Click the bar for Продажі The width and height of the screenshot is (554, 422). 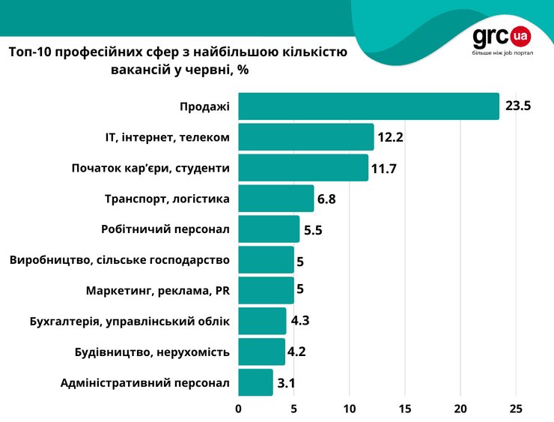click(x=368, y=106)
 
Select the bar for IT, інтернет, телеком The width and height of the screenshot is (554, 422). click(x=305, y=137)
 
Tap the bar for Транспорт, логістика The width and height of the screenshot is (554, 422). click(x=276, y=199)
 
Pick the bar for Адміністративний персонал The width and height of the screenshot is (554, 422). click(x=255, y=382)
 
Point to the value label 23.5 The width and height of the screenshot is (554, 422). click(x=518, y=106)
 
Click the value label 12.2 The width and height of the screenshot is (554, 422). click(x=390, y=137)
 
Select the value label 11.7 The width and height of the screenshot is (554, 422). click(x=383, y=168)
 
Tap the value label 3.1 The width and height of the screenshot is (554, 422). click(x=287, y=383)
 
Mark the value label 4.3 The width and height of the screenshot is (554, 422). click(x=300, y=321)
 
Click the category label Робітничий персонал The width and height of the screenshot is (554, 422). click(x=165, y=229)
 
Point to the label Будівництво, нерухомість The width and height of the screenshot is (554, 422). click(x=153, y=352)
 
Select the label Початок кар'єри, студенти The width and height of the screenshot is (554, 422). click(x=150, y=168)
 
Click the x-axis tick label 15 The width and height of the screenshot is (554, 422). click(x=405, y=409)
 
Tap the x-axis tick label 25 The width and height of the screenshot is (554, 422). click(x=516, y=409)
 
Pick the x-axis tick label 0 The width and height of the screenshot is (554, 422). click(x=239, y=409)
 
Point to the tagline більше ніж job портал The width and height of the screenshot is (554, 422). click(x=502, y=54)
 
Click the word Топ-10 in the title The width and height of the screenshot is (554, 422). click(x=31, y=52)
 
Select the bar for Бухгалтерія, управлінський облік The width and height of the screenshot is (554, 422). click(x=262, y=321)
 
